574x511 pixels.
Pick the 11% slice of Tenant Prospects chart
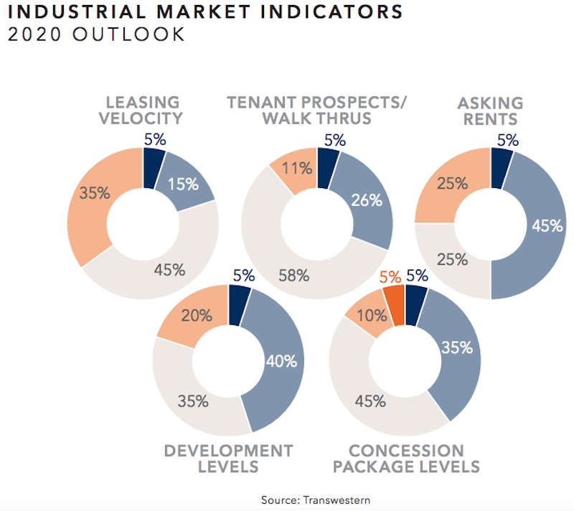point(295,169)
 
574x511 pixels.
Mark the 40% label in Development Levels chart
point(281,360)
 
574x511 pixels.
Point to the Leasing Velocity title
point(143,110)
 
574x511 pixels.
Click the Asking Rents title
point(491,110)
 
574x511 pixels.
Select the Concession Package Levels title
point(405,459)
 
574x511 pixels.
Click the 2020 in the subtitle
point(31,34)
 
